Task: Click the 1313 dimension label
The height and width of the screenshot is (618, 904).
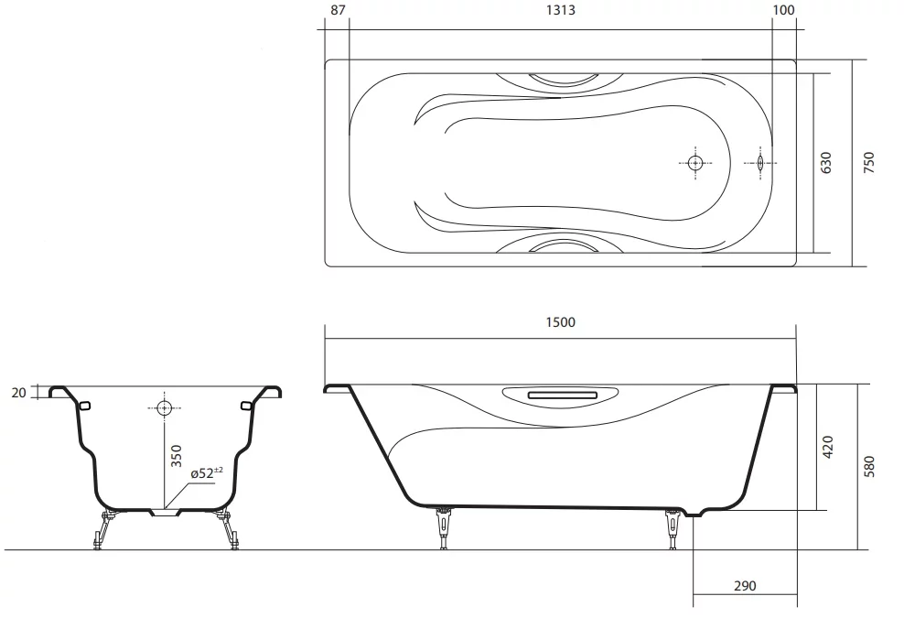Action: pyautogui.click(x=560, y=10)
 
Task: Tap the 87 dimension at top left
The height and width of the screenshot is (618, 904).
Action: pyautogui.click(x=339, y=10)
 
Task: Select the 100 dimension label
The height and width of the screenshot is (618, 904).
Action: pyautogui.click(x=783, y=10)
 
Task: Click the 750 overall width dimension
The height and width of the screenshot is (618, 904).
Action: pyautogui.click(x=869, y=163)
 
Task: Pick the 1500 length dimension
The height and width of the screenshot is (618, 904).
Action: pyautogui.click(x=560, y=322)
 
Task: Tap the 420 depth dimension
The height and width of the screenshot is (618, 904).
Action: pyautogui.click(x=828, y=447)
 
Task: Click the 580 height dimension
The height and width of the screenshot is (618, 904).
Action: pyautogui.click(x=869, y=466)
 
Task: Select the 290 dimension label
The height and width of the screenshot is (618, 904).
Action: pyautogui.click(x=745, y=586)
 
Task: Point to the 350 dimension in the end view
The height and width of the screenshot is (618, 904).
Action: pyautogui.click(x=177, y=456)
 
